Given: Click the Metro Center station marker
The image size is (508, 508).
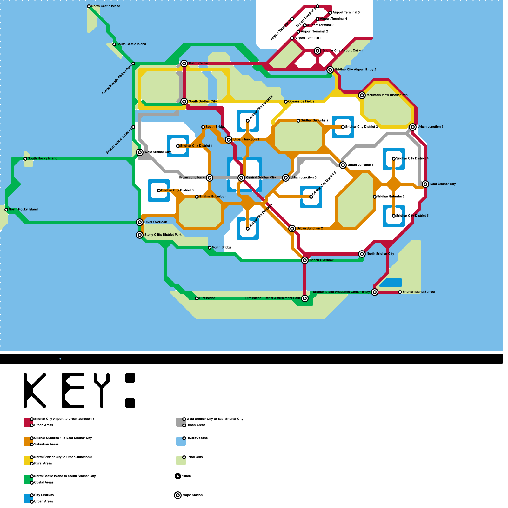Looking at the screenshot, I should (184, 63).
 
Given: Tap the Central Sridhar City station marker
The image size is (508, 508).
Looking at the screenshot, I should (241, 178).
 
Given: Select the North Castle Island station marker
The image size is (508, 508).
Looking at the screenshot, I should (89, 6).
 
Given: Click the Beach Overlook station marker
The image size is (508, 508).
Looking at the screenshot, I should (305, 260).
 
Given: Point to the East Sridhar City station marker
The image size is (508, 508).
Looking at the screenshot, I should (425, 184).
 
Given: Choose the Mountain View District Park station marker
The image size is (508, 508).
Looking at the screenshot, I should (362, 95).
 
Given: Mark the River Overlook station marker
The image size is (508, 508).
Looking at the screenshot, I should (140, 222).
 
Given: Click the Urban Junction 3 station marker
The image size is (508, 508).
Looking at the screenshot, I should (413, 127).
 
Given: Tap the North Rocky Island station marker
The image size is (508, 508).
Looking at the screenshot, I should (6, 210).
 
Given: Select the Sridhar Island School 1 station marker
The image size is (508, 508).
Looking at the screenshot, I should (400, 292).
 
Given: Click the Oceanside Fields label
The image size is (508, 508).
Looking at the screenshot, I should (301, 102).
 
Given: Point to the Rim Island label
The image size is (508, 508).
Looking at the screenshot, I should (207, 298).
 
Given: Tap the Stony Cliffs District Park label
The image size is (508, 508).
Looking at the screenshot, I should (163, 235).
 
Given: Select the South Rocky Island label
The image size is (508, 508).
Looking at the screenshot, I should (42, 159).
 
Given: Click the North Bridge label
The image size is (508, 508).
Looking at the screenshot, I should (222, 248).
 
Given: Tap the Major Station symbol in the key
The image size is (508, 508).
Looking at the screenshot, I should (178, 495).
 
